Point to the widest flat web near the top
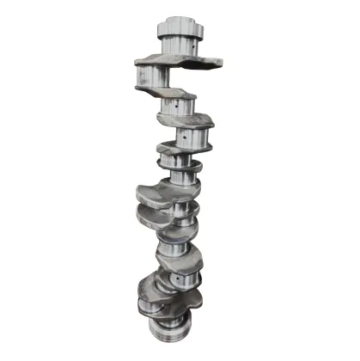coord(178,60)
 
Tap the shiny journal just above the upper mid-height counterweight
coord(181,177)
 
